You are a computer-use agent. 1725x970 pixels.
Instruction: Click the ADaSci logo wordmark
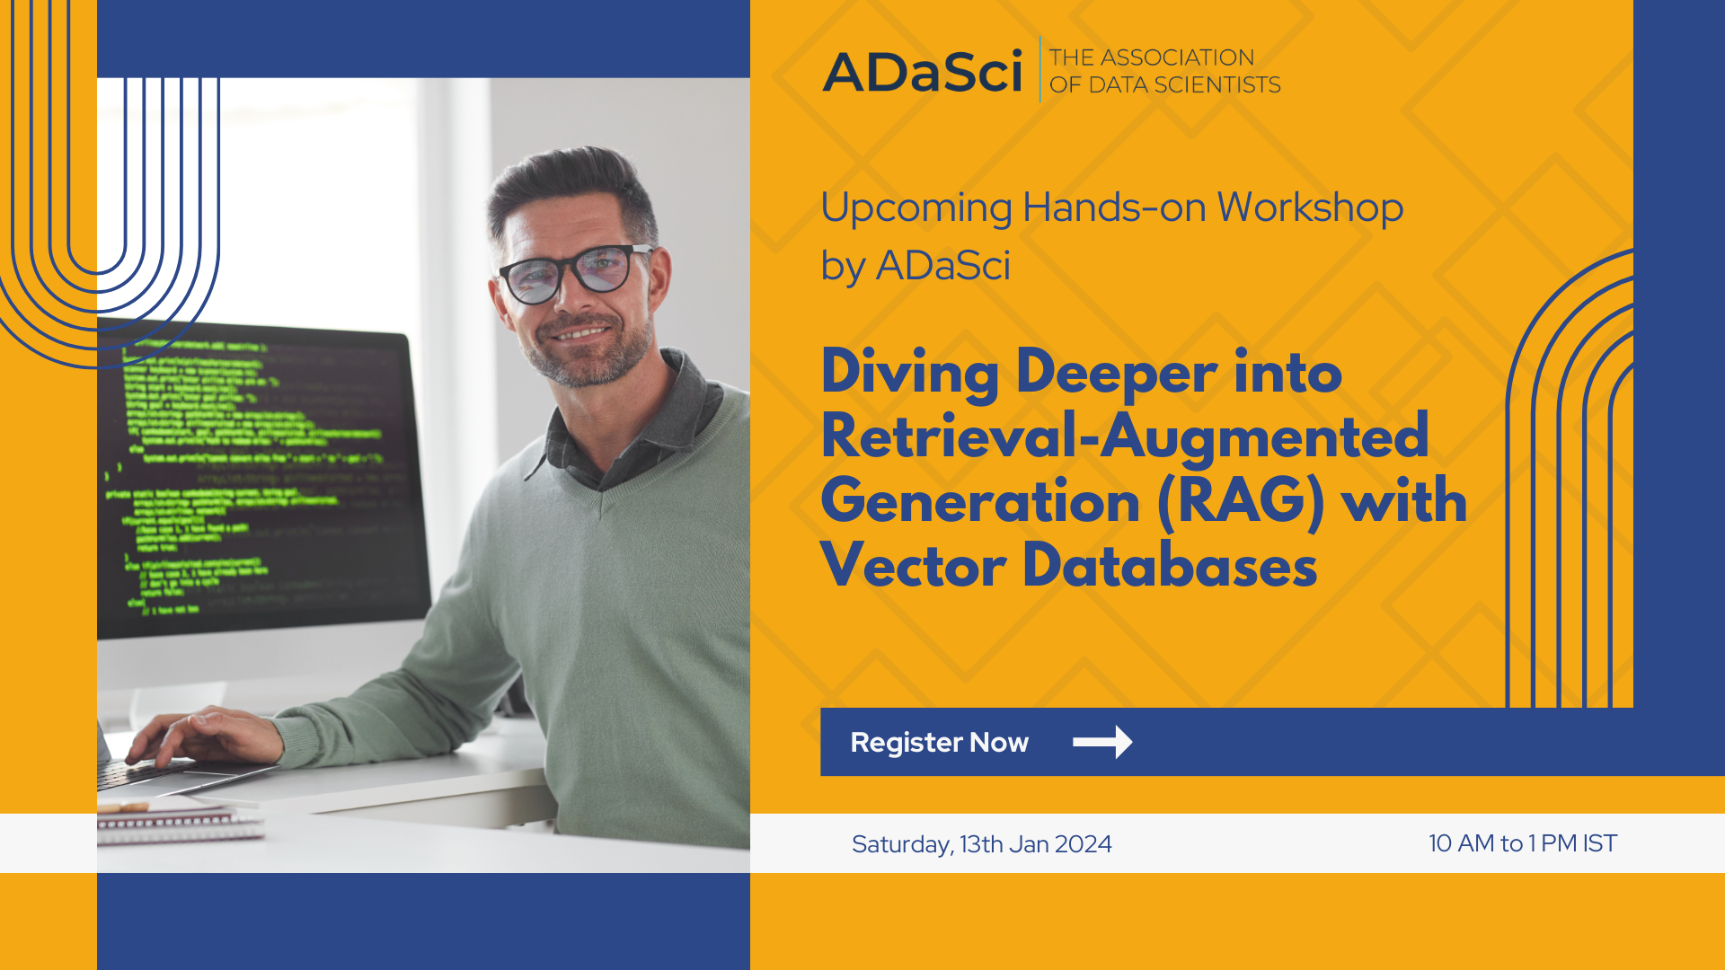pyautogui.click(x=923, y=72)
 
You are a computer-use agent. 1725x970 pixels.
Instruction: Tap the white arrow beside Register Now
pyautogui.click(x=1102, y=742)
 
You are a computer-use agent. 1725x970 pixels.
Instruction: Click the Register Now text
pyautogui.click(x=939, y=743)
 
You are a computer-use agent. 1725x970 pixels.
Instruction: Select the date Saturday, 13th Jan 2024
pyautogui.click(x=981, y=844)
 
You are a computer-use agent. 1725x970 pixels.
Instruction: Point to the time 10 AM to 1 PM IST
pyautogui.click(x=1522, y=843)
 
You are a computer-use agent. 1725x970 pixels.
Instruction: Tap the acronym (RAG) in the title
pyautogui.click(x=1241, y=501)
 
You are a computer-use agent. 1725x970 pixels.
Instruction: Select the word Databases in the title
pyautogui.click(x=1170, y=567)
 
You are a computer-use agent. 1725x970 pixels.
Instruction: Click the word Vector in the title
pyautogui.click(x=913, y=567)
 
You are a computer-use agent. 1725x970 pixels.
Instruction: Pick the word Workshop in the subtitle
pyautogui.click(x=1309, y=208)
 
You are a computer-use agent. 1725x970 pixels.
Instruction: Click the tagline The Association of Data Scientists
pyautogui.click(x=1164, y=71)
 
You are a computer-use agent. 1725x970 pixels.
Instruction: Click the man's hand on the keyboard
pyautogui.click(x=202, y=736)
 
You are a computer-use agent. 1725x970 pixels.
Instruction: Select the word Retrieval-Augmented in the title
pyautogui.click(x=1124, y=436)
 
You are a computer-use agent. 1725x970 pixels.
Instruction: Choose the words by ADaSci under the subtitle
pyautogui.click(x=915, y=266)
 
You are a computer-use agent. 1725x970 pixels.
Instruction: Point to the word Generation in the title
pyautogui.click(x=979, y=501)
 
